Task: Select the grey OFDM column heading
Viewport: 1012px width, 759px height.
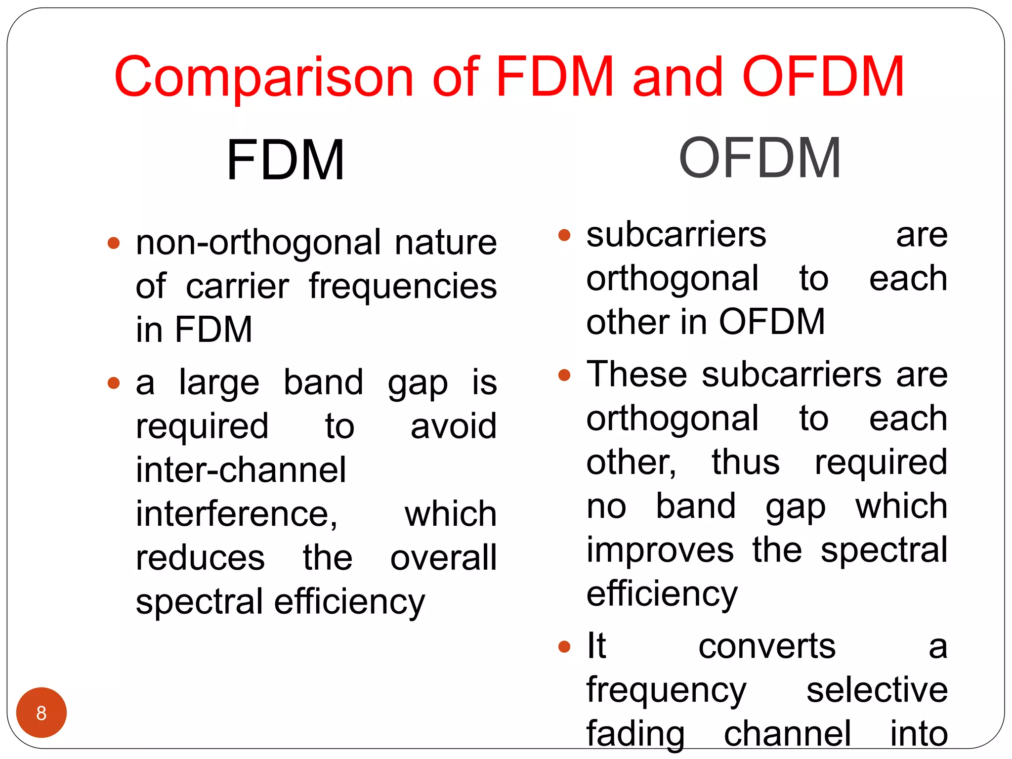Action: tap(759, 158)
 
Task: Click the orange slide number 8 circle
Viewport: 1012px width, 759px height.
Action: tap(42, 712)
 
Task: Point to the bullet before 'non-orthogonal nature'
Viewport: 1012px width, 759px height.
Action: tap(114, 243)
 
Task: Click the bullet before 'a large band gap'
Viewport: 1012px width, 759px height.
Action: tap(114, 383)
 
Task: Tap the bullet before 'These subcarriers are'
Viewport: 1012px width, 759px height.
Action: tap(564, 375)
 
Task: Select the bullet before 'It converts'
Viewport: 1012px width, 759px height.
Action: tap(564, 646)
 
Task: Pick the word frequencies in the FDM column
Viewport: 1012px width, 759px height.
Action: tap(403, 287)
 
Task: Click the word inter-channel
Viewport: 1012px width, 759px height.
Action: tap(241, 469)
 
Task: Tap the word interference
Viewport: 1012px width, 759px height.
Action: tap(237, 514)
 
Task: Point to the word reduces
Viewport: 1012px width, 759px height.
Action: tap(200, 557)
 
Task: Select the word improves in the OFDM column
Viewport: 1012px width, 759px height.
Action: tap(660, 549)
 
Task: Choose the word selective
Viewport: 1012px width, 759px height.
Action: tap(877, 690)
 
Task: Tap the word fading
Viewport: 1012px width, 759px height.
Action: tap(635, 734)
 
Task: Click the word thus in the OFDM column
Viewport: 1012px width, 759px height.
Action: tap(745, 462)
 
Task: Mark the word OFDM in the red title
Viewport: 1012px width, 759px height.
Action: tap(823, 77)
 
